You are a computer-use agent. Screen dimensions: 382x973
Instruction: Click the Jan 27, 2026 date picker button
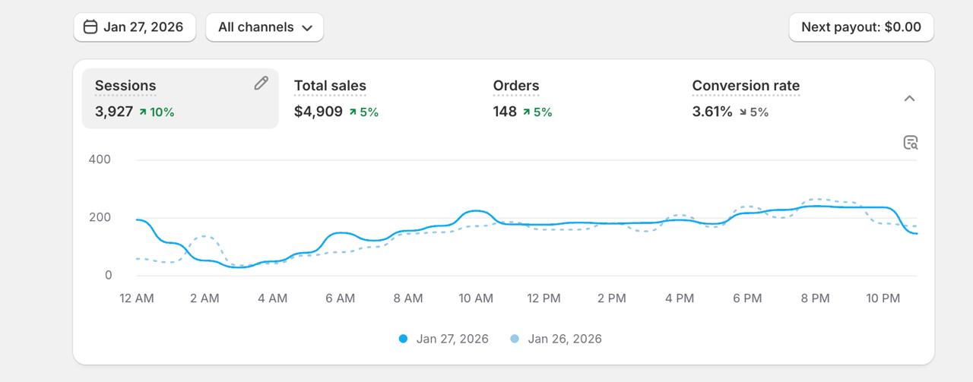(x=135, y=27)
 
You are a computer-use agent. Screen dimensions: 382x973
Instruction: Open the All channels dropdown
(x=265, y=27)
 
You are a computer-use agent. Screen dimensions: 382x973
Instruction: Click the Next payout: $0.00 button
(x=860, y=27)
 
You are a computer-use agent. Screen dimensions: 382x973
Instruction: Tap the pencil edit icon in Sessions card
(x=261, y=84)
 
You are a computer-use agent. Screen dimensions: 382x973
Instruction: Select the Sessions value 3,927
(x=114, y=112)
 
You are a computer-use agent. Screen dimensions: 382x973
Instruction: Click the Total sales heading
(x=330, y=86)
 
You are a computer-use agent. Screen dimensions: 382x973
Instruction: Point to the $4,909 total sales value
(x=318, y=112)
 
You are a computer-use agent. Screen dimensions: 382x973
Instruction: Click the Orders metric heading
(x=516, y=86)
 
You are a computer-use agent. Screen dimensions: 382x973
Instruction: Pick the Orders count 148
(x=505, y=112)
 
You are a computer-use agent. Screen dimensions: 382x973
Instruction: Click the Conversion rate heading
(x=746, y=86)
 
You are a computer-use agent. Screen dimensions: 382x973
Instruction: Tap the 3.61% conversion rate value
(x=712, y=112)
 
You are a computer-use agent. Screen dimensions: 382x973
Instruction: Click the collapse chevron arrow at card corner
(x=909, y=99)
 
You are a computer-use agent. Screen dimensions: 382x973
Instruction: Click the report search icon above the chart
(x=911, y=142)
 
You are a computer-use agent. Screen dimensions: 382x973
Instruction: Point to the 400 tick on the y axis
(x=99, y=159)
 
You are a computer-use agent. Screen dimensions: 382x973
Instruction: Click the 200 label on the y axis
(x=99, y=217)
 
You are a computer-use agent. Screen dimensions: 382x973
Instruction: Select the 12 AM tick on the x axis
(x=137, y=298)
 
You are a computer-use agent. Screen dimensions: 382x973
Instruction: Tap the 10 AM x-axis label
(x=476, y=298)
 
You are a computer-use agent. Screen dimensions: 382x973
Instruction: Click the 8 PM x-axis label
(x=815, y=298)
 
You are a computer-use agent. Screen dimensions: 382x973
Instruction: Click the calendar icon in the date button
(x=90, y=27)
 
